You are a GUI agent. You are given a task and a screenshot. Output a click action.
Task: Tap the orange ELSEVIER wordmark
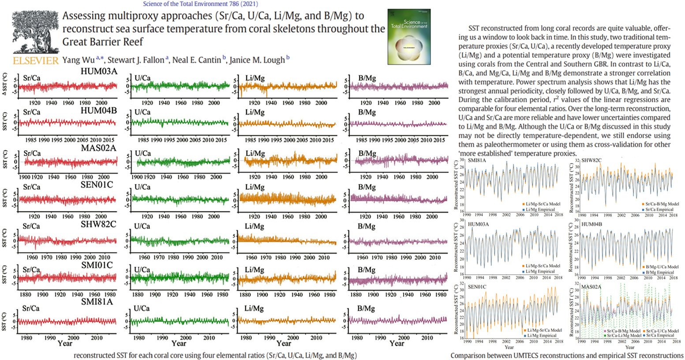pyautogui.click(x=35, y=61)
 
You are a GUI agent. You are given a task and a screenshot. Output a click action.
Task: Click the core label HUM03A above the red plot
pyautogui.click(x=98, y=71)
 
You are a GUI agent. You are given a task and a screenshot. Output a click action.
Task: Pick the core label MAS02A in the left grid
pyautogui.click(x=98, y=148)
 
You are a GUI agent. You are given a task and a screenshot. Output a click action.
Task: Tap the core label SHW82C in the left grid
pyautogui.click(x=98, y=224)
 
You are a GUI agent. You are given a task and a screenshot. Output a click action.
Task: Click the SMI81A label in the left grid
pyautogui.click(x=97, y=302)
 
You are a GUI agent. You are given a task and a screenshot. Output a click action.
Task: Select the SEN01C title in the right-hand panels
pyautogui.click(x=477, y=287)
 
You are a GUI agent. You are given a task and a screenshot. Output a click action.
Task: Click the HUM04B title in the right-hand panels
pyautogui.click(x=591, y=224)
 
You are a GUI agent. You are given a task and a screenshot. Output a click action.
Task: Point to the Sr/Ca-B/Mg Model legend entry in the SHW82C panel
pyautogui.click(x=663, y=204)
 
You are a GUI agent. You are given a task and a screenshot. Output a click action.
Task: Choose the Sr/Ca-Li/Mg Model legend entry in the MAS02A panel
pyautogui.click(x=624, y=336)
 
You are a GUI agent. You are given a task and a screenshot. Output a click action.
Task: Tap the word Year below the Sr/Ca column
pyautogui.click(x=65, y=343)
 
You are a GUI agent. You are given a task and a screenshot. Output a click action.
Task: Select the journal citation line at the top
pyautogui.click(x=200, y=4)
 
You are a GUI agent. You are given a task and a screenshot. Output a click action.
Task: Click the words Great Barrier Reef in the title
pyautogui.click(x=103, y=42)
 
